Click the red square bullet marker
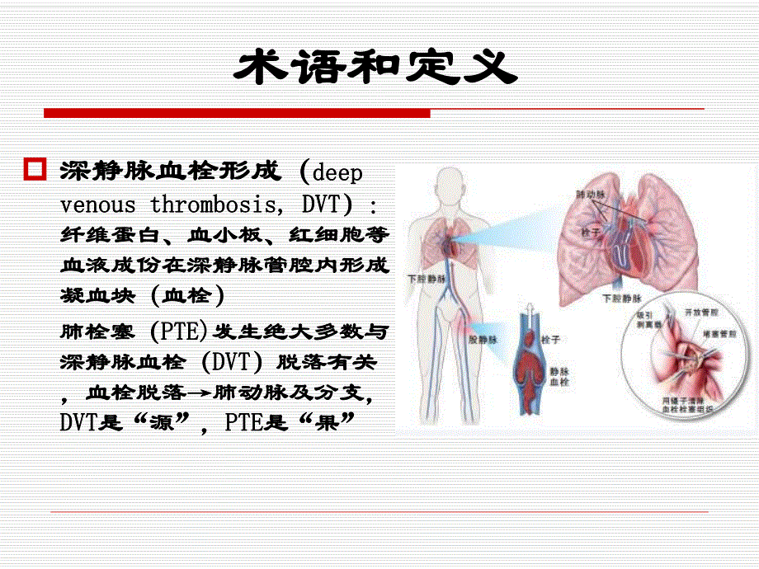tap(35, 171)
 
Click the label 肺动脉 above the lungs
tap(589, 195)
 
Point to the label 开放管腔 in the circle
tap(697, 314)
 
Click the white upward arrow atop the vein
tap(527, 313)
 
